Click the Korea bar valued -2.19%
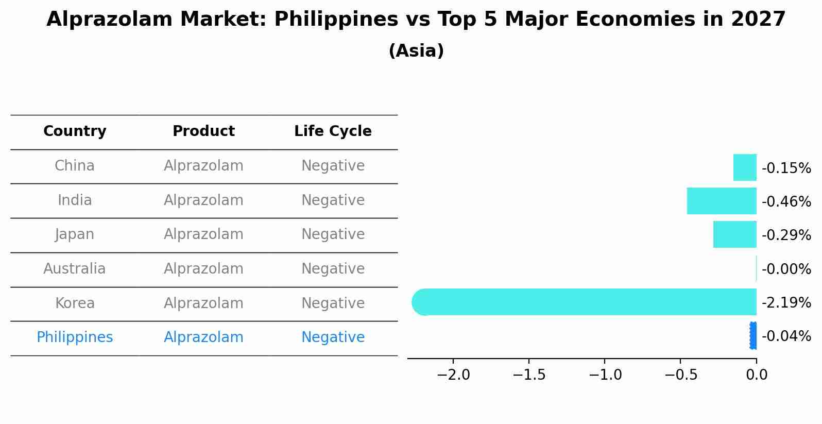(x=584, y=302)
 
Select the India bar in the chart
(x=722, y=201)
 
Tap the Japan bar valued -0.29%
(x=734, y=234)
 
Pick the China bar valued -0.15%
(x=745, y=167)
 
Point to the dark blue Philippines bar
(x=753, y=336)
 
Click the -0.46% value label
(x=786, y=201)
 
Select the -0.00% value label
(x=786, y=269)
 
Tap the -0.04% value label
(x=786, y=336)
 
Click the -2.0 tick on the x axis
(x=453, y=375)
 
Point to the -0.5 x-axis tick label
(x=681, y=375)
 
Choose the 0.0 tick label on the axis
(x=757, y=375)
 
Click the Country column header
(x=75, y=131)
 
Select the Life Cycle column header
(x=333, y=131)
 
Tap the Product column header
(x=203, y=131)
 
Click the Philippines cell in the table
(x=75, y=337)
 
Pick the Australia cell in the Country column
(x=75, y=269)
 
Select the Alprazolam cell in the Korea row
(x=203, y=303)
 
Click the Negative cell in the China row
(x=333, y=166)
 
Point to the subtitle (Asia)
(x=416, y=51)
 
